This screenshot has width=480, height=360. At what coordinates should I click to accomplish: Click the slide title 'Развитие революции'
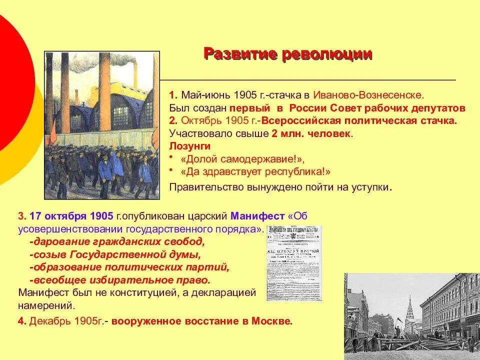coord(287,54)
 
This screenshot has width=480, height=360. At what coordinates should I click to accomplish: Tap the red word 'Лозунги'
coord(190,146)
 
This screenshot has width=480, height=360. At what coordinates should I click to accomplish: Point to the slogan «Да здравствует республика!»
coord(255,172)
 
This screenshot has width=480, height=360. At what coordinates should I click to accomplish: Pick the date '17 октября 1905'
coord(71,216)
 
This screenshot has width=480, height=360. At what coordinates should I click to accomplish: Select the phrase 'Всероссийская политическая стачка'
coord(359,120)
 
